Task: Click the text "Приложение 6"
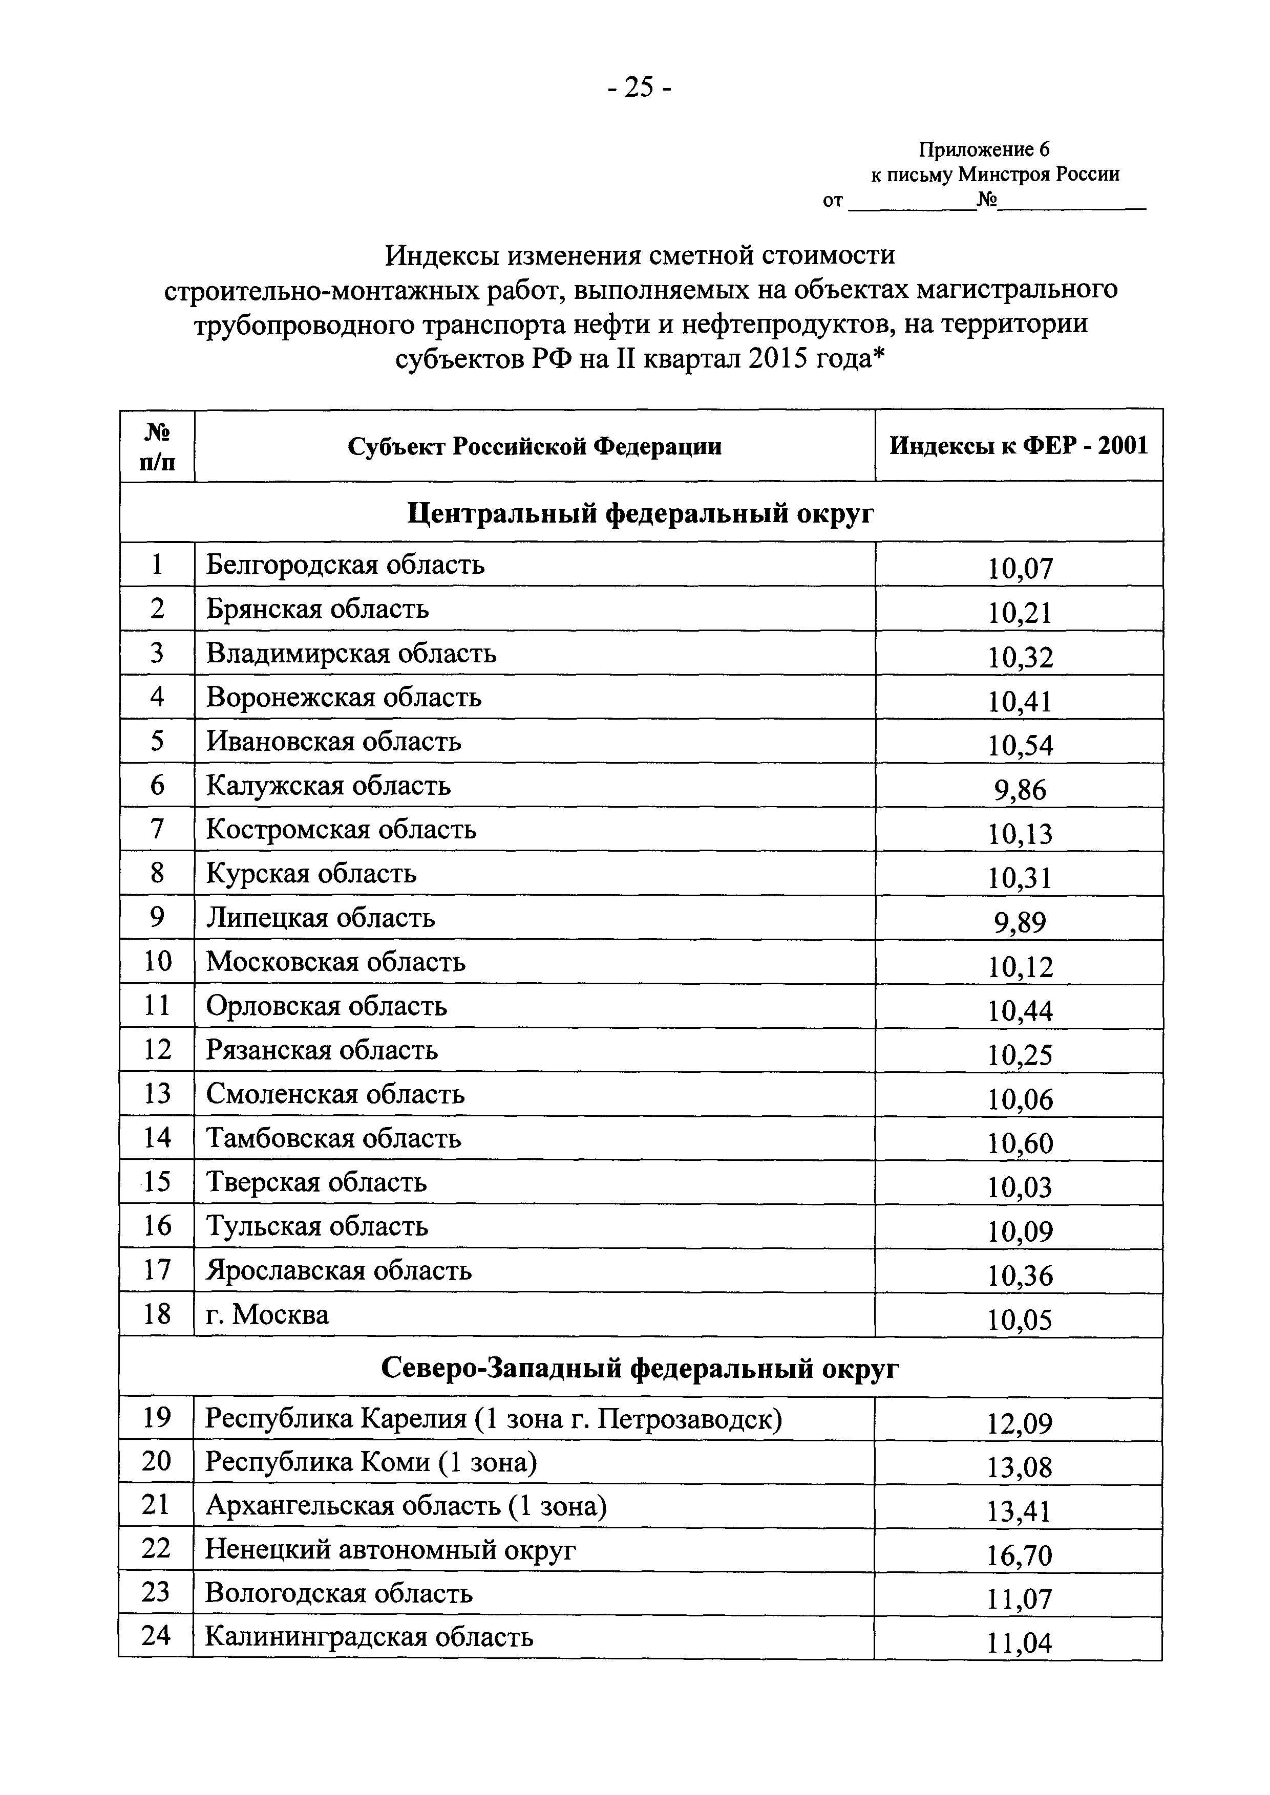click(x=984, y=149)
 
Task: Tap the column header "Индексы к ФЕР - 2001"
click(x=1018, y=446)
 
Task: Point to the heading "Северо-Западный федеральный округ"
click(x=640, y=1368)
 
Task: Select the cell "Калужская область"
click(x=328, y=785)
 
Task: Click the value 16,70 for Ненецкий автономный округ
click(x=1019, y=1556)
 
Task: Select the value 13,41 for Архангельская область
click(x=1019, y=1511)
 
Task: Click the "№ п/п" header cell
click(x=157, y=446)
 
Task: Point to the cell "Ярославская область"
click(x=338, y=1270)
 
